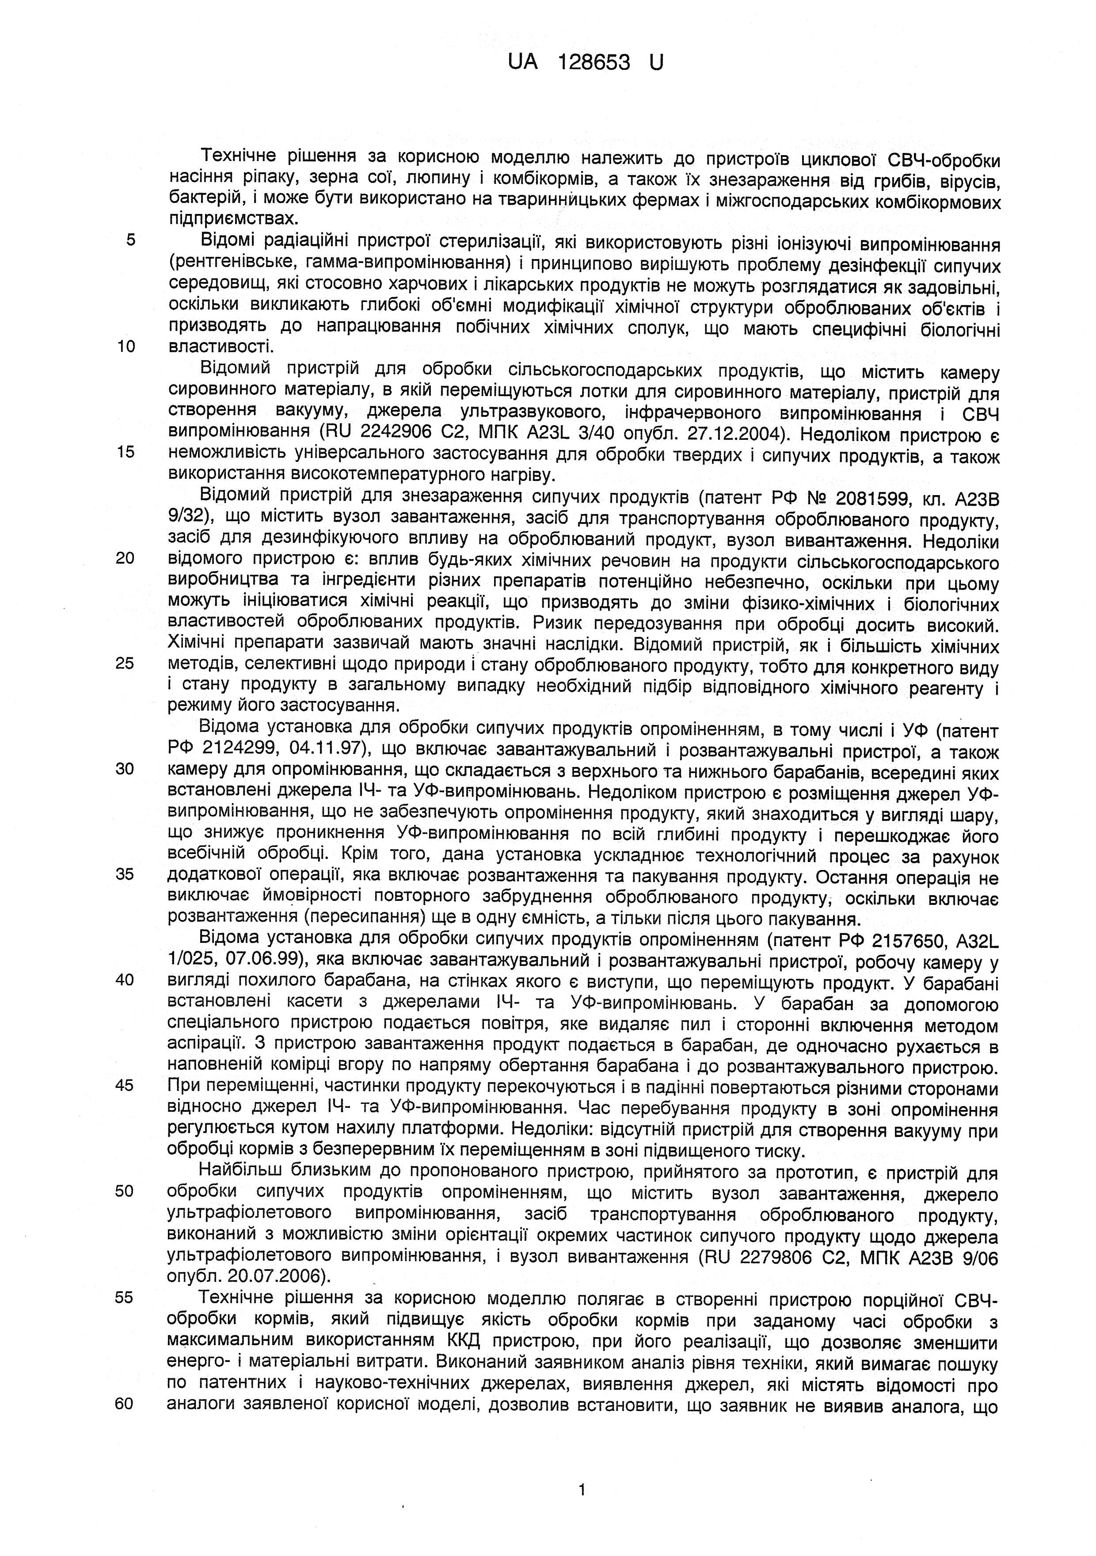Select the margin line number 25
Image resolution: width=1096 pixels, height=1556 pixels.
click(x=125, y=663)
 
